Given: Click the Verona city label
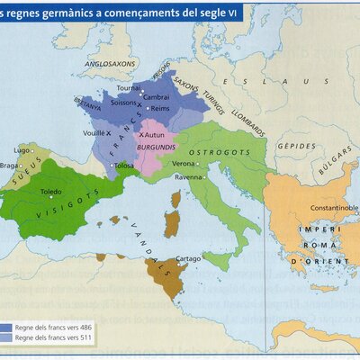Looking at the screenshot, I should [184, 164].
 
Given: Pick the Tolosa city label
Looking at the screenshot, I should [124, 166].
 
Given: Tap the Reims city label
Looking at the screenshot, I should [161, 108].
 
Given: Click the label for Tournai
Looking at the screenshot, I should [130, 88].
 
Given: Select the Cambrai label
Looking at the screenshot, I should [157, 96].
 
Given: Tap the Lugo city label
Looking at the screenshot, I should [22, 149].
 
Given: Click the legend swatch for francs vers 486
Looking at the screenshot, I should [6, 328].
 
